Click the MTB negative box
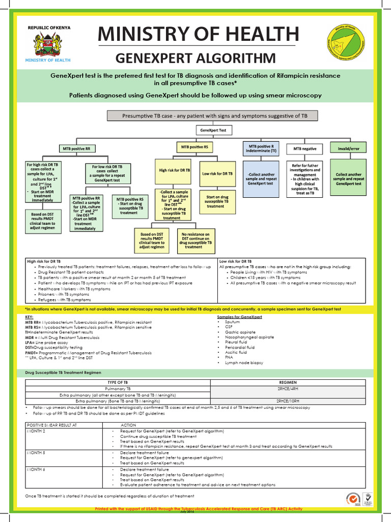304,148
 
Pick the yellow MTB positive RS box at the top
194,147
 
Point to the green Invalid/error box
349,148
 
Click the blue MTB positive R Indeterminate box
260,148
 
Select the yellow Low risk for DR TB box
217,174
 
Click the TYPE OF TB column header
118,382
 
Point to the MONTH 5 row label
36,452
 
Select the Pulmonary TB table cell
118,388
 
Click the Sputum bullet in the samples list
233,323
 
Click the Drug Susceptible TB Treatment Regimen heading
60,373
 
